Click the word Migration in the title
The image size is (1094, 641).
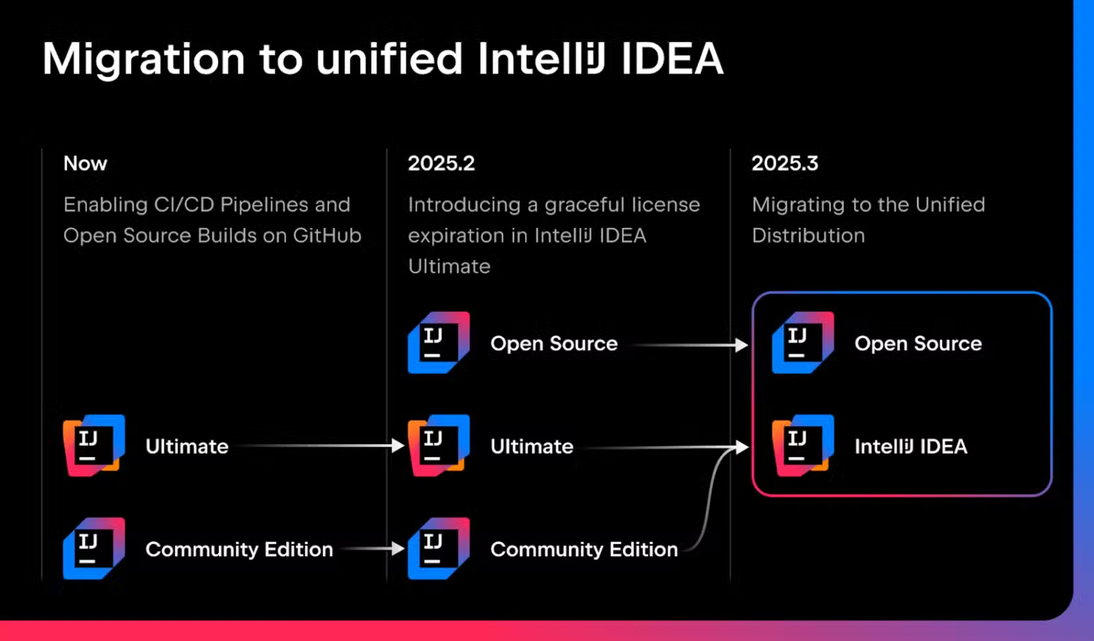144,60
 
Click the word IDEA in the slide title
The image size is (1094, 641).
672,60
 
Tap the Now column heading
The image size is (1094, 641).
85,163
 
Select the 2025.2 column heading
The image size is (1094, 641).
441,163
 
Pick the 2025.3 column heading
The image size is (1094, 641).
784,163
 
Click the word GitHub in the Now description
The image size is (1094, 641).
327,235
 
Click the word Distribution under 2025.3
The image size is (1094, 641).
808,235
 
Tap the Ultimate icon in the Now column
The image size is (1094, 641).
93,445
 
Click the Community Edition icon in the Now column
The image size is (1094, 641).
93,548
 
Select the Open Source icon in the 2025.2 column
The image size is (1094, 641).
438,343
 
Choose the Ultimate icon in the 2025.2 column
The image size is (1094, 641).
438,445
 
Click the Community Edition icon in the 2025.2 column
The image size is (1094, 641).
438,548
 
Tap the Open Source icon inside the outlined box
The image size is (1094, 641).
802,343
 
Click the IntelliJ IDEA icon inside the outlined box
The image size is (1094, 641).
802,445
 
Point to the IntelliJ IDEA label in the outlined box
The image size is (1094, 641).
910,446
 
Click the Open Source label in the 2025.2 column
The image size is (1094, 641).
554,343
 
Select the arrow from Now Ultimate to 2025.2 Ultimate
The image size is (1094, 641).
318,445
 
